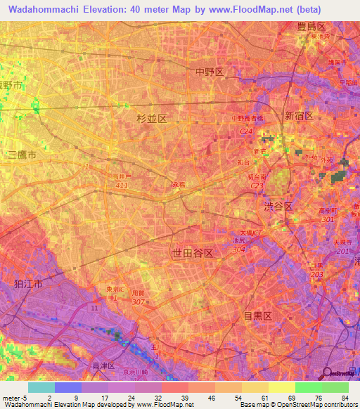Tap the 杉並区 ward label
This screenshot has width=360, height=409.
152,119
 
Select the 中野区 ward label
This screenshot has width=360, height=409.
209,72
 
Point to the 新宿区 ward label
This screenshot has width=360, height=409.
298,115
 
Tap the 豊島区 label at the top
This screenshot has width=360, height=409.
310,27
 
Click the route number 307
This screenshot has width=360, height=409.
139,301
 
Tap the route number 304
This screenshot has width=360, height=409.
239,249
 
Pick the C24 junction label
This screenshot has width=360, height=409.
245,131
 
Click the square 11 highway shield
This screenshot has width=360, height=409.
94,307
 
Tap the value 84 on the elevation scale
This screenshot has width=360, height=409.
345,398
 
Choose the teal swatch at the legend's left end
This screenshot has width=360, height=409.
41,387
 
